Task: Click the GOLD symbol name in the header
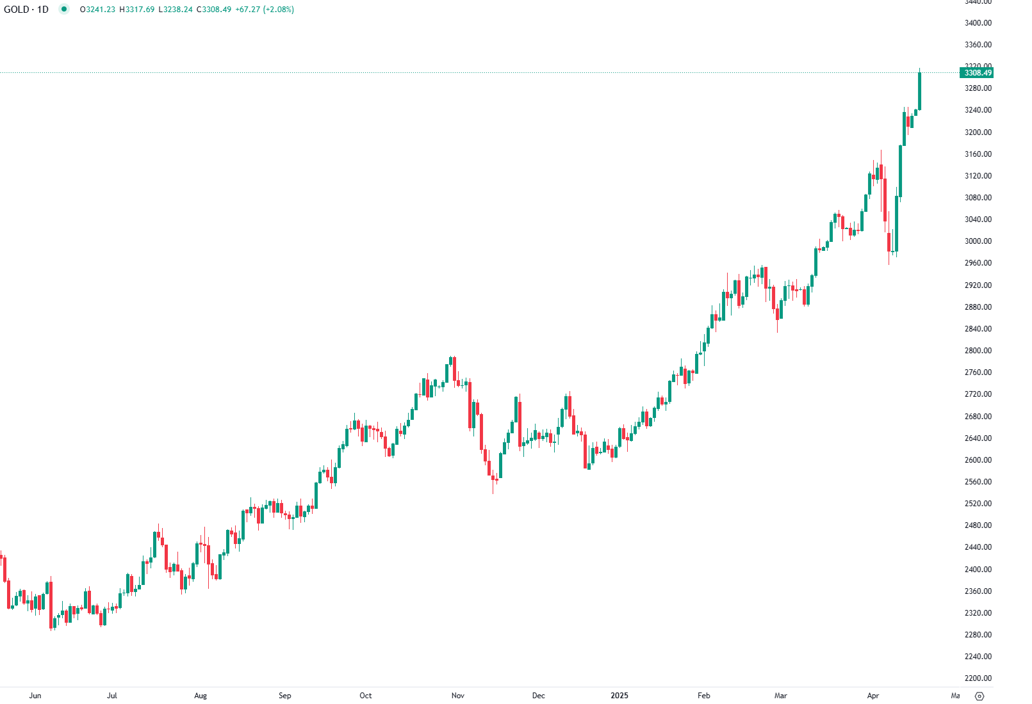click(x=16, y=10)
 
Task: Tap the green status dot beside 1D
click(x=64, y=9)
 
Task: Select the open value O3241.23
click(x=97, y=10)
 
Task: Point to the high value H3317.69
click(x=137, y=10)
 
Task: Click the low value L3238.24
click(x=176, y=10)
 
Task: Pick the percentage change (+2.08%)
click(x=279, y=10)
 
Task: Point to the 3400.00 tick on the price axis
click(x=978, y=23)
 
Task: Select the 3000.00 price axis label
click(x=978, y=241)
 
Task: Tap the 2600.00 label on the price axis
click(x=978, y=460)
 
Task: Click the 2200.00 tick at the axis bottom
click(x=978, y=678)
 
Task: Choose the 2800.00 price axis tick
click(x=978, y=351)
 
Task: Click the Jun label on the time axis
click(x=35, y=696)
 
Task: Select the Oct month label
click(x=366, y=696)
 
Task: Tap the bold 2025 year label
click(x=619, y=696)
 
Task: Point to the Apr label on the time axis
click(x=873, y=696)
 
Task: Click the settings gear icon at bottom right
click(x=979, y=696)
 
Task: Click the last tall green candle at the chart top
click(x=920, y=91)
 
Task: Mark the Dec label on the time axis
click(x=539, y=696)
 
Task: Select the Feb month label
click(x=704, y=696)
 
